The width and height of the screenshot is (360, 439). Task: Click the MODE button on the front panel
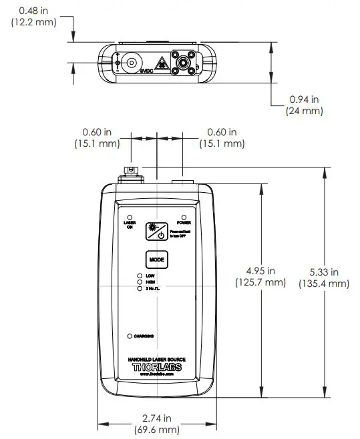pyautogui.click(x=156, y=258)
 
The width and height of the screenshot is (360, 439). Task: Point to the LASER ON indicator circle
pyautogui.click(x=130, y=216)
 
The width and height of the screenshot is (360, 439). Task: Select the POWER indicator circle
pyautogui.click(x=184, y=216)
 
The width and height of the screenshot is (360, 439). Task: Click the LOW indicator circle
pyautogui.click(x=139, y=276)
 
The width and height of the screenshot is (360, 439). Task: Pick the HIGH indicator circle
pyautogui.click(x=139, y=282)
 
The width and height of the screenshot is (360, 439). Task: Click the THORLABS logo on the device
pyautogui.click(x=156, y=367)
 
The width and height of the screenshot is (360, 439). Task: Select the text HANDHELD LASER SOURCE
pyautogui.click(x=156, y=359)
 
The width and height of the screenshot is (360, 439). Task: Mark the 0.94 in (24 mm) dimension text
pyautogui.click(x=304, y=105)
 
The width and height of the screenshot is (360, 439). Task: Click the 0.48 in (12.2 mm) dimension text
pyautogui.click(x=33, y=16)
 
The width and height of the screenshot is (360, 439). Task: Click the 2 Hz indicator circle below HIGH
pyautogui.click(x=139, y=289)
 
